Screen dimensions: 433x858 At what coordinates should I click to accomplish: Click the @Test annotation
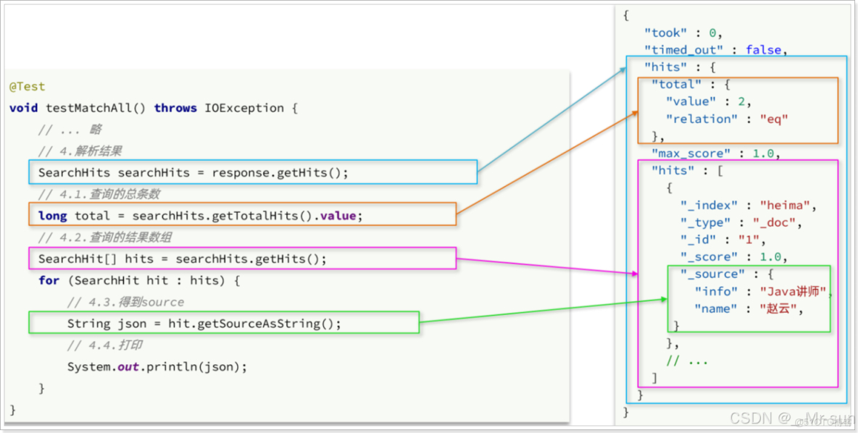pyautogui.click(x=27, y=87)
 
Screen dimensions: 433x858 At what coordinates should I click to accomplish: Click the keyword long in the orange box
pyautogui.click(x=52, y=216)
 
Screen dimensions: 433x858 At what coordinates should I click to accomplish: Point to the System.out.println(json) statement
pyautogui.click(x=157, y=367)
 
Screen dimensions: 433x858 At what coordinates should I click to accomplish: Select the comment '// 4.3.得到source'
pyautogui.click(x=125, y=302)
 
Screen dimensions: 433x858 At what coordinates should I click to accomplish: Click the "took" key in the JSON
pyautogui.click(x=666, y=33)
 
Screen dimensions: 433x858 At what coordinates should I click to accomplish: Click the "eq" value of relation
pyautogui.click(x=773, y=119)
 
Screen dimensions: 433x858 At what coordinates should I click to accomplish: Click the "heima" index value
pyautogui.click(x=786, y=205)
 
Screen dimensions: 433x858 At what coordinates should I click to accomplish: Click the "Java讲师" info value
pyautogui.click(x=793, y=292)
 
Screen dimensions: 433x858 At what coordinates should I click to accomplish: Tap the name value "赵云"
pyautogui.click(x=782, y=309)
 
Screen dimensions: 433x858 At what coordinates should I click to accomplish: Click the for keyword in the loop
pyautogui.click(x=49, y=280)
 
